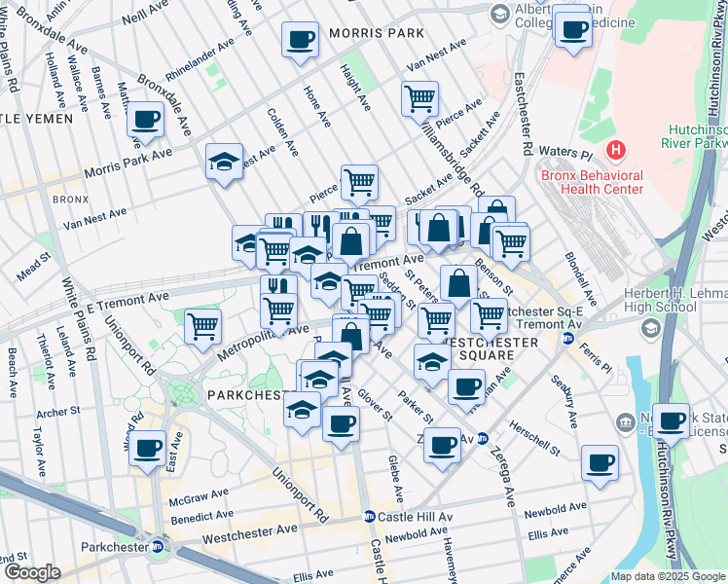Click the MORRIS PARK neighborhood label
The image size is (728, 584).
pos(376,33)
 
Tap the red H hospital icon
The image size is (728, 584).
pos(615,151)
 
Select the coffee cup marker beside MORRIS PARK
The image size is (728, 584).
pos(301,41)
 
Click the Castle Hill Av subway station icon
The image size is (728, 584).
pos(370,516)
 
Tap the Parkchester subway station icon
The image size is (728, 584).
pos(157,545)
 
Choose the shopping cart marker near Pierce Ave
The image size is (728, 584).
pos(419,97)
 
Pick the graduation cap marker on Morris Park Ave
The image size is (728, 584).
pos(225,162)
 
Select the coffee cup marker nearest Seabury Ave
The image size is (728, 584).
pos(600,462)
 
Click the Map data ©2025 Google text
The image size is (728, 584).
pos(668,576)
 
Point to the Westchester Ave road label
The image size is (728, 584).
pos(250,534)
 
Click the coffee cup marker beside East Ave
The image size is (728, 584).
pos(147,450)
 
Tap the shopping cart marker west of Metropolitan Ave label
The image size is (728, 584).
pos(202,325)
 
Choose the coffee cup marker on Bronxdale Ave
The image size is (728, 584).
pos(146,120)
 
